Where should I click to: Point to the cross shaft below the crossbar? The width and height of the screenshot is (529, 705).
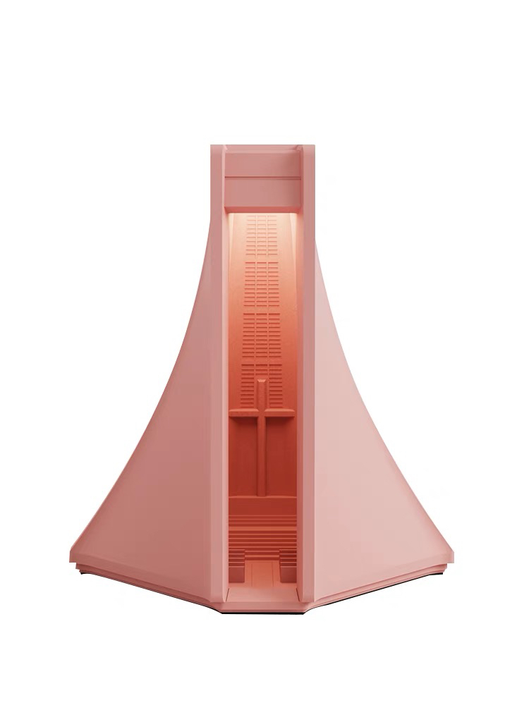tap(262, 458)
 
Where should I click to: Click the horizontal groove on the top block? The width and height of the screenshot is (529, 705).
tap(262, 177)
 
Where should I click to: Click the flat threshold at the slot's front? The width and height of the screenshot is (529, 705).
tap(262, 599)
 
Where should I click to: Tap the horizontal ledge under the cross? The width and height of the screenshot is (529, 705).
tap(262, 502)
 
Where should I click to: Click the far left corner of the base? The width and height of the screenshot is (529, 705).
tap(72, 560)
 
